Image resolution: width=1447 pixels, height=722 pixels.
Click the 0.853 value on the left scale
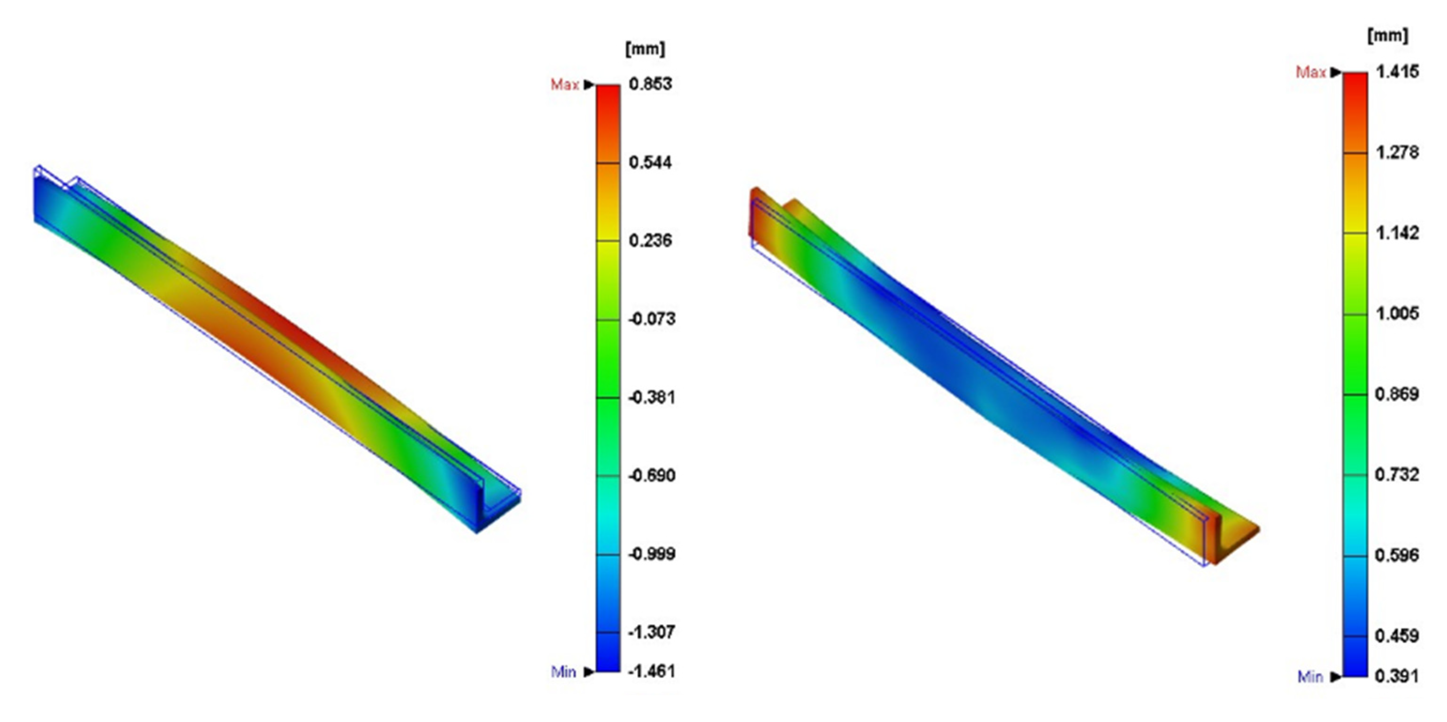tap(650, 84)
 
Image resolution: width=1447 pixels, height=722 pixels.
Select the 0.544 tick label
tap(650, 163)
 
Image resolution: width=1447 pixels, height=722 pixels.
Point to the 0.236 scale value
tap(650, 241)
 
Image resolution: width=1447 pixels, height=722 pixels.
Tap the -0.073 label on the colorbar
tap(652, 319)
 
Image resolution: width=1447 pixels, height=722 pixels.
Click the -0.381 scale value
tap(652, 398)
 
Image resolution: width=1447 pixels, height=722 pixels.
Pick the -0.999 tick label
tap(652, 554)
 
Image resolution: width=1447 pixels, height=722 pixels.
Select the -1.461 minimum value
tap(652, 671)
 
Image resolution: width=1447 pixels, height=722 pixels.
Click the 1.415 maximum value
tap(1397, 72)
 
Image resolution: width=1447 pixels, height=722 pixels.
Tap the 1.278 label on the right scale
tap(1397, 152)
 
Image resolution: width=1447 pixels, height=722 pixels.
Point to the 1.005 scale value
tap(1397, 314)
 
